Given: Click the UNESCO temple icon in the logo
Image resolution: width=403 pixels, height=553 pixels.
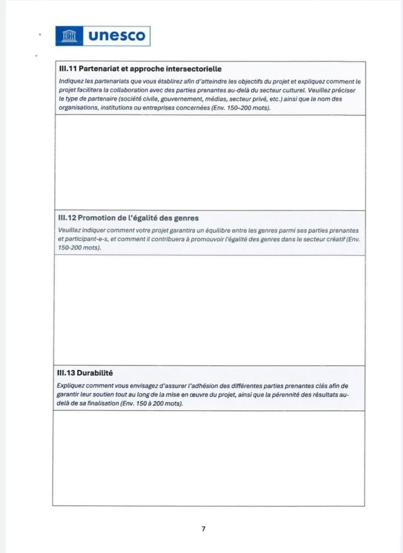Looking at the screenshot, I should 69,36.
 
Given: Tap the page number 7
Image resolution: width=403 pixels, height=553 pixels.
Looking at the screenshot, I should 203,529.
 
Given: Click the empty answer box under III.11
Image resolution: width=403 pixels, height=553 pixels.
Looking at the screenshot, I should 209,162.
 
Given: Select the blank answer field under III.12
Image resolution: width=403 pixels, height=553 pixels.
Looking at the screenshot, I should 209,310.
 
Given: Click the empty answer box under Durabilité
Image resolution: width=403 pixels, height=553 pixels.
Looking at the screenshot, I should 209,458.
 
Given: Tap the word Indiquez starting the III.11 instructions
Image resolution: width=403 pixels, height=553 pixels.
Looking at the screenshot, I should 70,81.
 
